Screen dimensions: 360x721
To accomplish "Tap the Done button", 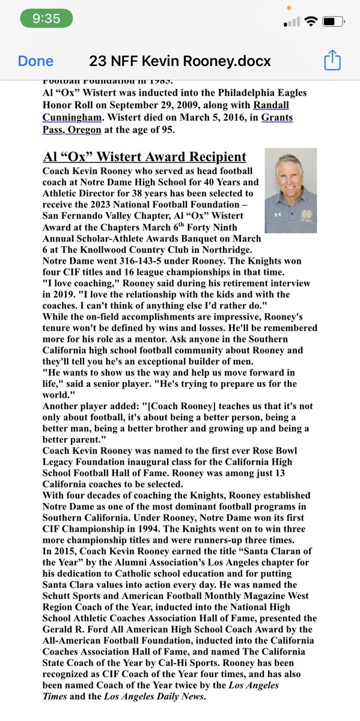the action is (x=35, y=61).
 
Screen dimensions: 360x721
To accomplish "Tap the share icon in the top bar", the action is (x=332, y=60).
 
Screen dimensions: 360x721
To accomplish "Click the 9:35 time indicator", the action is (x=46, y=18).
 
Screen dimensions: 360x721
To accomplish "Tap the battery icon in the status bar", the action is (x=332, y=22).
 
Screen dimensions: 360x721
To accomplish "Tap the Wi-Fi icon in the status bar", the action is (x=310, y=22).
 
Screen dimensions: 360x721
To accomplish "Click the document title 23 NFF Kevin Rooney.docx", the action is (x=180, y=61).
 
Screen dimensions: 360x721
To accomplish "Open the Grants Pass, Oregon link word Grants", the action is (x=276, y=118).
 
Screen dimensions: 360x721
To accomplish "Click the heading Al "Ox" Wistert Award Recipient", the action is (x=145, y=157).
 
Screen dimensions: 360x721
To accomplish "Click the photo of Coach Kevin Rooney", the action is (x=291, y=190).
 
